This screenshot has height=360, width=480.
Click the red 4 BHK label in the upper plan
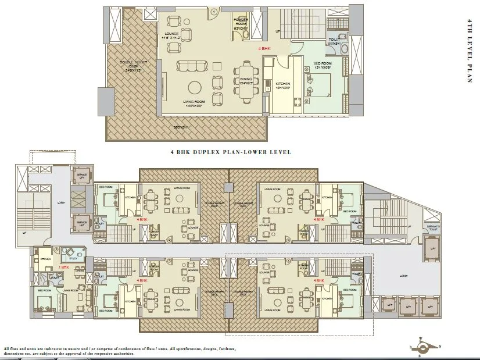pyautogui.click(x=265, y=50)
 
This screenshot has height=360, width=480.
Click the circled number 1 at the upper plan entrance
pyautogui.click(x=214, y=10)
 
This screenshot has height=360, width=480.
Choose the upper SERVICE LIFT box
pyautogui.click(x=82, y=174)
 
